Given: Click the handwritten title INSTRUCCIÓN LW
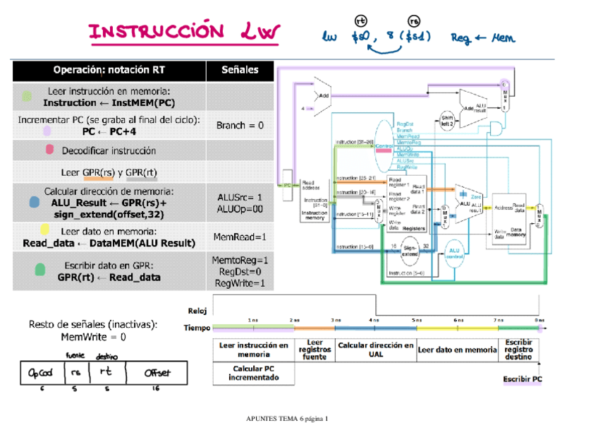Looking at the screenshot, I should [184, 32].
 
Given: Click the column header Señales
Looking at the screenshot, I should [239, 70].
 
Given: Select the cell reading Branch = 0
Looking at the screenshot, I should [239, 125].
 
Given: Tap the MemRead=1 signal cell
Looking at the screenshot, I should [239, 237].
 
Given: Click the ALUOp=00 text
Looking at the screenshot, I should [239, 209].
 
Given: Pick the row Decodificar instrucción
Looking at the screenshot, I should [109, 150].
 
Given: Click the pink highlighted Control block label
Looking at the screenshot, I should [384, 147].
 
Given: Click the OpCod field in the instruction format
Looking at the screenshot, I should [42, 372].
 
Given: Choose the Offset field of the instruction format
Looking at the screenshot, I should [156, 372].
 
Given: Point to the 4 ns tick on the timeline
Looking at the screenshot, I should [374, 321].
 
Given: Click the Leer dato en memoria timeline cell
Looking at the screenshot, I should [457, 350].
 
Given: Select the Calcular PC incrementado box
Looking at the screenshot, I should [253, 373].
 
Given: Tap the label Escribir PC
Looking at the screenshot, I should [522, 379].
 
